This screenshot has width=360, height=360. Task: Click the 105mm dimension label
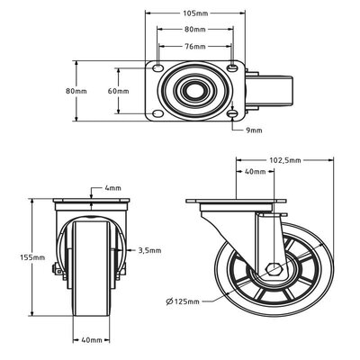(x=195, y=13)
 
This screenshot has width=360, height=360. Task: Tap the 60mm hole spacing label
(x=119, y=91)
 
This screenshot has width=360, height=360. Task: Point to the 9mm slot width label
(x=254, y=130)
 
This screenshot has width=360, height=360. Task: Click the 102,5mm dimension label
(x=285, y=160)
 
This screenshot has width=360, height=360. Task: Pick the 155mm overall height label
(x=32, y=257)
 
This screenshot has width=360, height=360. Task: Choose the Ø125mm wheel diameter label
(x=183, y=301)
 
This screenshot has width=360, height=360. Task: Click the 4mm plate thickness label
(x=112, y=188)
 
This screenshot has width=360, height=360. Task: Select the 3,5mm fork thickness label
(x=149, y=250)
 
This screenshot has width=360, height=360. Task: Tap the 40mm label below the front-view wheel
(x=92, y=340)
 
